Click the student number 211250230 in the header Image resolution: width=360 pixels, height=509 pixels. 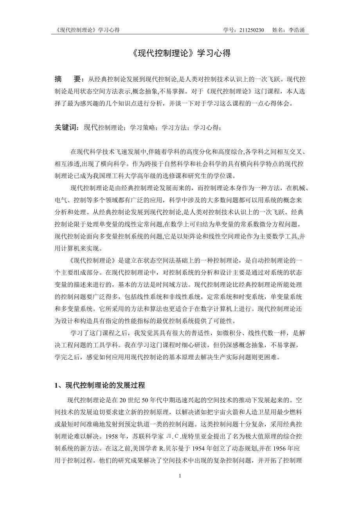pos(251,30)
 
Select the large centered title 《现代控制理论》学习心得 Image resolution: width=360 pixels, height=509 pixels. pos(180,54)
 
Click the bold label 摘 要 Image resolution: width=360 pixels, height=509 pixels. pos(68,79)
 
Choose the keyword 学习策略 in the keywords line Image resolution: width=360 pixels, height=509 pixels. pos(142,127)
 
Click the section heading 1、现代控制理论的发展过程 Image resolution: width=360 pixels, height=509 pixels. pos(100,386)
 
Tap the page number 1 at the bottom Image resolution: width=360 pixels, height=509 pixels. pos(180,476)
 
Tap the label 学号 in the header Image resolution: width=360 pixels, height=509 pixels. pos(229,30)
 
